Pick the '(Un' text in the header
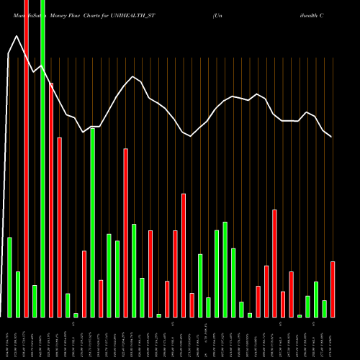pyautogui.click(x=218, y=14)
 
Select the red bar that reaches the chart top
pyautogui.click(x=27, y=158)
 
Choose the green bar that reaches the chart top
pyautogui.click(x=42, y=158)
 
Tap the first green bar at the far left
pyautogui.click(x=9, y=277)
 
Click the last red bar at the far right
pyautogui.click(x=333, y=289)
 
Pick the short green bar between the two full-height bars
pyautogui.click(x=35, y=301)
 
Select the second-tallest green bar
pyautogui.click(x=93, y=222)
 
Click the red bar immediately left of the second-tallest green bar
pyautogui.click(x=84, y=284)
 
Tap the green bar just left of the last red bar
pyautogui.click(x=325, y=309)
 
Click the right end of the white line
pyautogui.click(x=331, y=136)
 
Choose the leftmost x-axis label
pyautogui.click(x=9, y=338)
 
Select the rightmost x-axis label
pyautogui.click(x=333, y=338)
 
